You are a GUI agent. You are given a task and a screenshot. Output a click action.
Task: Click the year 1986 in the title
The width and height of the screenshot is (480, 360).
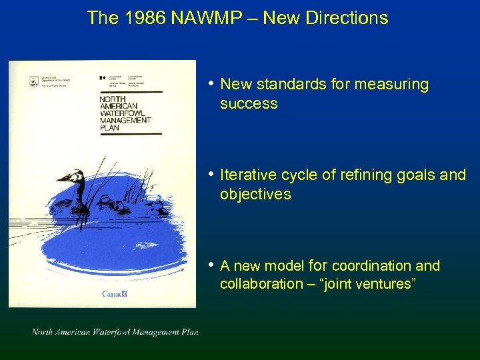[x=145, y=18]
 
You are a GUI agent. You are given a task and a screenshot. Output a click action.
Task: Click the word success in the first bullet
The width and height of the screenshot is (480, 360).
[x=249, y=103]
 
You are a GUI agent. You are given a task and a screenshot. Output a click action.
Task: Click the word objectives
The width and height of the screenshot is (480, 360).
[x=255, y=194]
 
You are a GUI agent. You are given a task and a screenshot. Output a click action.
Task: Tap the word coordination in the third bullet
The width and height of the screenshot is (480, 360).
[x=375, y=266]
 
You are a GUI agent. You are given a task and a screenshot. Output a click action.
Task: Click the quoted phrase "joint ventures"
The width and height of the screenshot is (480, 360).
[x=368, y=284]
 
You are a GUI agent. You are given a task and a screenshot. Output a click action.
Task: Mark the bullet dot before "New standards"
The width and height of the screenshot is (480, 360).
[x=211, y=83]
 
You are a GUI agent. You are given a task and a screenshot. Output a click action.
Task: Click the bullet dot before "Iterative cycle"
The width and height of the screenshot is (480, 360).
[x=211, y=174]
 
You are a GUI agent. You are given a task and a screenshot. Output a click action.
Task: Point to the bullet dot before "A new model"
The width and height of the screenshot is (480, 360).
[x=211, y=265]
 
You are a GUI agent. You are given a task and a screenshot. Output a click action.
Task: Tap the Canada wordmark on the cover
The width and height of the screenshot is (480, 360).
[x=115, y=293]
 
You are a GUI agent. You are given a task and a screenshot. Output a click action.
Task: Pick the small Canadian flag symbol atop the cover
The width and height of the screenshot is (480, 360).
[x=102, y=78]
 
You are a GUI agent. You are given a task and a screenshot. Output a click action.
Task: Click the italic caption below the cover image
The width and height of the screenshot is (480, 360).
[x=115, y=332]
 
